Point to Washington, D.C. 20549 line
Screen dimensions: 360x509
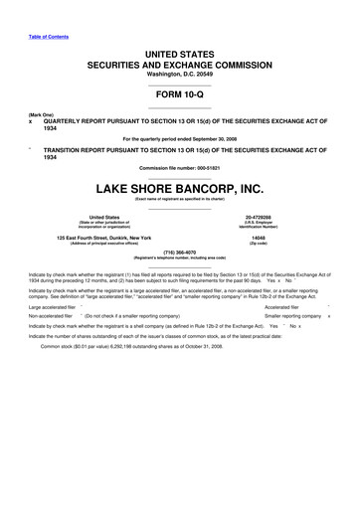click(179, 76)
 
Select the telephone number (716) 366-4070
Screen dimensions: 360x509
click(179, 253)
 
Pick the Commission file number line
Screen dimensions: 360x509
click(179, 167)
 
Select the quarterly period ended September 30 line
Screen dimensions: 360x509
click(179, 137)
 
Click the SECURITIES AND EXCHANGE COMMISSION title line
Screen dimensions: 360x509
click(179, 63)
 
